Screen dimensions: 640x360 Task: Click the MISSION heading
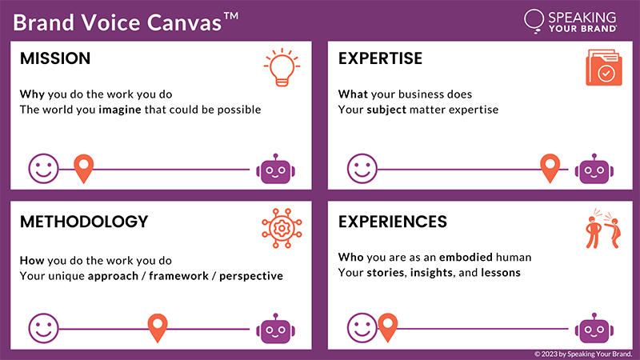point(55,58)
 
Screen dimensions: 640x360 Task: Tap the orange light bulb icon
point(282,67)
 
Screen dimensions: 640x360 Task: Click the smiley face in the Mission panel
point(43,169)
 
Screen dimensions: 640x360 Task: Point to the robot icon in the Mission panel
point(275,169)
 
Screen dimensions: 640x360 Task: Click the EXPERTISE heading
point(381,58)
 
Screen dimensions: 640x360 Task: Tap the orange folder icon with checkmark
point(604,67)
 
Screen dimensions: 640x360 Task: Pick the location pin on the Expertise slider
point(550,168)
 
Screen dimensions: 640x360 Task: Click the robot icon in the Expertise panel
point(594,169)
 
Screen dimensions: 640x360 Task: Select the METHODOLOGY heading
point(84,222)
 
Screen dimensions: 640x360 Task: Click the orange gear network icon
point(282,228)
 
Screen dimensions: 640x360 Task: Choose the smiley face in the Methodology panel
point(43,328)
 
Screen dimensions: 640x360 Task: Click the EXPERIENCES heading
point(393,222)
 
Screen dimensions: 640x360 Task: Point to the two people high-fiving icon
point(603,229)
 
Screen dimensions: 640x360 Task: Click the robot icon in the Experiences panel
point(594,329)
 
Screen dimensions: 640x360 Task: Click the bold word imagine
point(120,110)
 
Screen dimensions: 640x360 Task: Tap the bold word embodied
point(466,257)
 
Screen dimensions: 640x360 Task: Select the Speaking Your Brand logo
point(570,22)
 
